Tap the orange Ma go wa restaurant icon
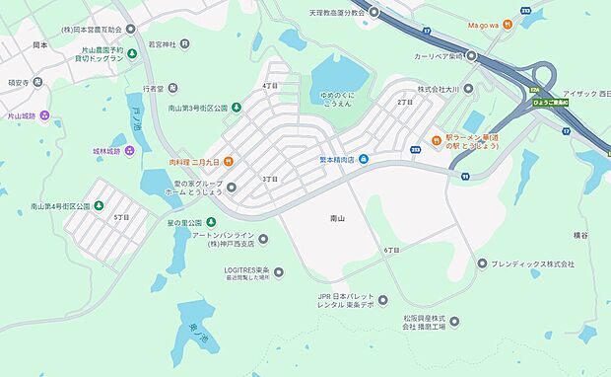click(x=507, y=25)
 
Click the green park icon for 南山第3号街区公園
click(x=237, y=107)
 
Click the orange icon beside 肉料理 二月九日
click(x=228, y=162)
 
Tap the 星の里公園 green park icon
click(x=210, y=221)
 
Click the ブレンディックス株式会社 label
click(x=533, y=264)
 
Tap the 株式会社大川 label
click(x=440, y=89)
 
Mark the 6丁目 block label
click(x=391, y=251)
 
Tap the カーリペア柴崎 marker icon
click(x=471, y=56)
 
